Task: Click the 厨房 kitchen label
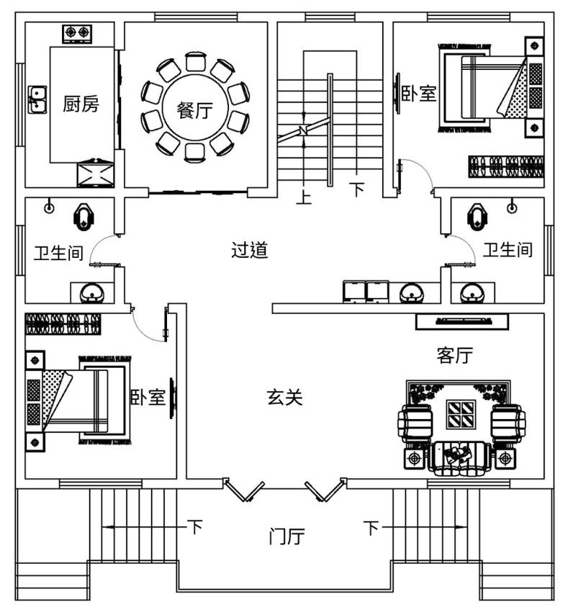(x=81, y=105)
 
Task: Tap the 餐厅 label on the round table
(x=194, y=111)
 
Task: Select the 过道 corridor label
(x=250, y=250)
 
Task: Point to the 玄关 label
(x=285, y=397)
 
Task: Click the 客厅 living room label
(x=454, y=355)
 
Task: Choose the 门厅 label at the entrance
(x=287, y=537)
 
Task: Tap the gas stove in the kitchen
(x=77, y=32)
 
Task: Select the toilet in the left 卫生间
(x=85, y=215)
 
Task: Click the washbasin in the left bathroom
(x=91, y=292)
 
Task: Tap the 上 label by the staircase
(x=304, y=196)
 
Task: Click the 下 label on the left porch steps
(x=195, y=527)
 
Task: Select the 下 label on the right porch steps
(x=371, y=528)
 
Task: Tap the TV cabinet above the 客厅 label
(x=462, y=322)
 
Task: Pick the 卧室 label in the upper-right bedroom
(x=419, y=94)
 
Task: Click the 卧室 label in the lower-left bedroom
(x=148, y=397)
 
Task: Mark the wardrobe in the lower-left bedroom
(x=63, y=324)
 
